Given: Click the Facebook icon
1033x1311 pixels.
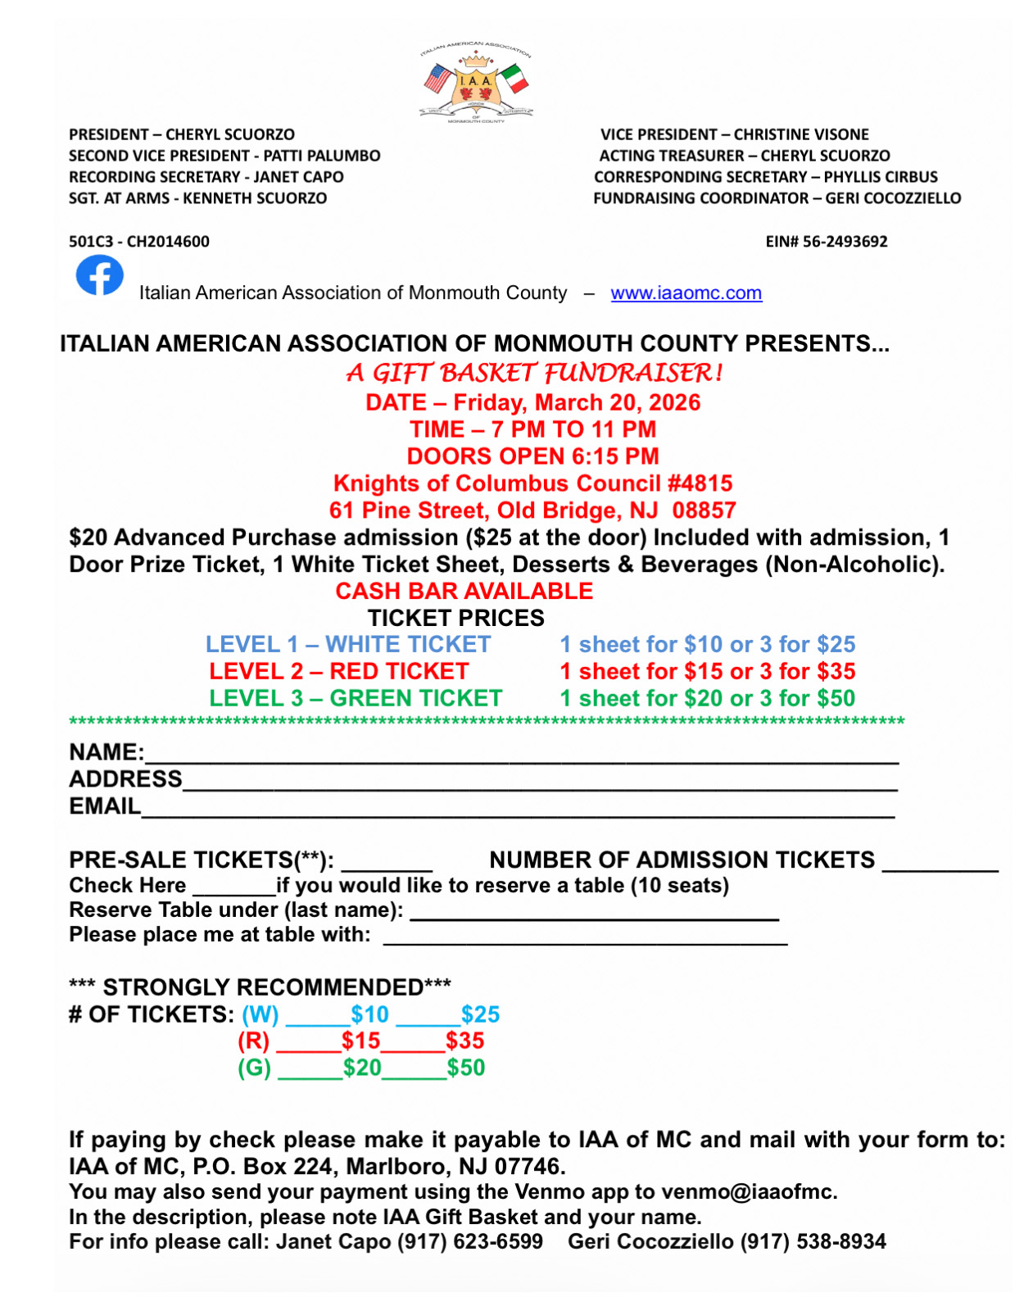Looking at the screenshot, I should (x=99, y=275).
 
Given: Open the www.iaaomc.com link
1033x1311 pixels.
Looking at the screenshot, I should (x=686, y=293).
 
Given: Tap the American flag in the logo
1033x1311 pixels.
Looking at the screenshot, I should (x=438, y=79).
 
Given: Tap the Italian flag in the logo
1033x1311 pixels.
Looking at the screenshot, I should (x=514, y=79).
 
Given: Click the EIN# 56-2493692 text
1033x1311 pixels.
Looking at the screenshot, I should (x=826, y=242).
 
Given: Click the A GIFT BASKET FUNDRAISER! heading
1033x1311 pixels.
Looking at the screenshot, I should (x=534, y=374).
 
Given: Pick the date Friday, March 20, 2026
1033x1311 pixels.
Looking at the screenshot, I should (x=577, y=402).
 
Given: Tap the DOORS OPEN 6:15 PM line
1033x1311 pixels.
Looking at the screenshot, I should (x=532, y=456).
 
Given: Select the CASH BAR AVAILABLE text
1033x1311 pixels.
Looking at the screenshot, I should (x=464, y=591).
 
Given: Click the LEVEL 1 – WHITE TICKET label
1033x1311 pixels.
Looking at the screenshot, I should (x=347, y=645).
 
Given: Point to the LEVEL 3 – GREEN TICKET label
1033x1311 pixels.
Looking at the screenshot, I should (x=355, y=698).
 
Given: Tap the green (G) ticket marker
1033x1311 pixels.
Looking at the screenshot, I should (x=254, y=1068).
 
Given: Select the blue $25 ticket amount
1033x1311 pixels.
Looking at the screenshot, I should (x=480, y=1014).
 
